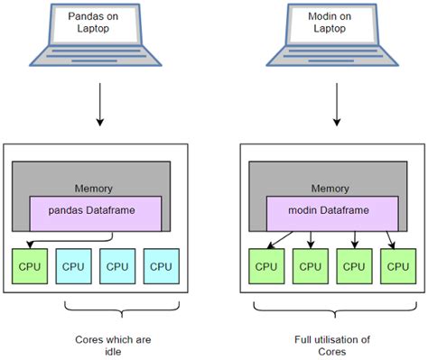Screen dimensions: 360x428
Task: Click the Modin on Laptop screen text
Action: click(x=336, y=23)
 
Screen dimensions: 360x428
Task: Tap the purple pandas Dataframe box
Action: click(x=96, y=213)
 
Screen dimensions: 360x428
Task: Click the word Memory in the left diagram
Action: click(x=94, y=188)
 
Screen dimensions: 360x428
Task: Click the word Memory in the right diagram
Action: click(x=330, y=188)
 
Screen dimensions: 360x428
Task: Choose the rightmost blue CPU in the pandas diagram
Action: click(x=161, y=266)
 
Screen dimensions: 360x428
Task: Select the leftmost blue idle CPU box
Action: click(x=73, y=266)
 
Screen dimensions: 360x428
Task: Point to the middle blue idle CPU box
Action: click(x=117, y=266)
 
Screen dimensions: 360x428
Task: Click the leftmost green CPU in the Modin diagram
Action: click(x=266, y=266)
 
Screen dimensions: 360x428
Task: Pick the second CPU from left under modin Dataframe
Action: click(x=311, y=266)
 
